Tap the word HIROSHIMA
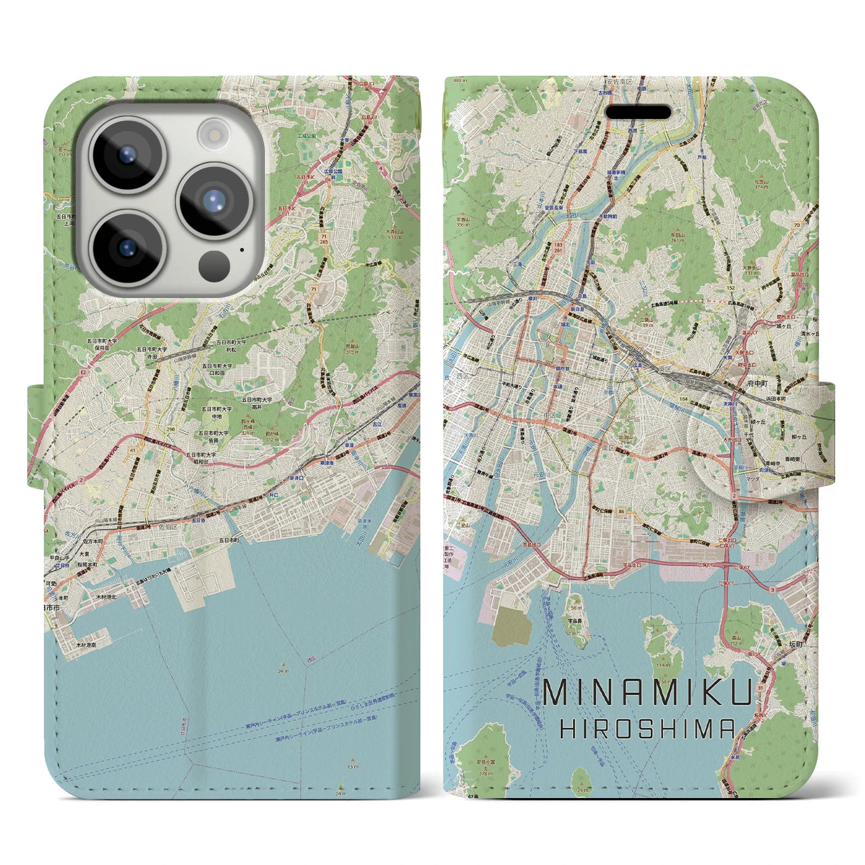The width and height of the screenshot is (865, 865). (x=648, y=728)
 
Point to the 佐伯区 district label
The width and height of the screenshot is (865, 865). (x=168, y=525)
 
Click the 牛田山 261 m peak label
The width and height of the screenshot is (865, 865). (x=677, y=237)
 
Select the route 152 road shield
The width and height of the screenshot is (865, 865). (x=731, y=287)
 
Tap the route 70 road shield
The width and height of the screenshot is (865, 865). (x=797, y=225)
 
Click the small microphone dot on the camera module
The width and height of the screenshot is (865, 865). (x=241, y=249)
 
